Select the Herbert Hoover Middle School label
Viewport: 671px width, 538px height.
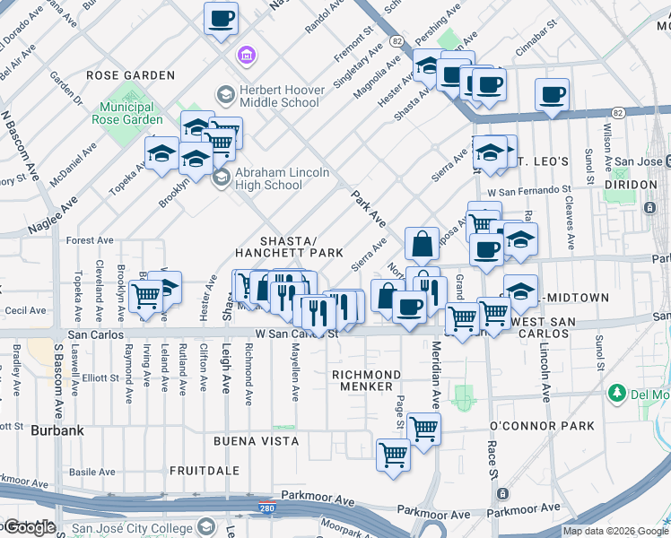[280, 96]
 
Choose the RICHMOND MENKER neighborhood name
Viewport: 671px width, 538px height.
[366, 380]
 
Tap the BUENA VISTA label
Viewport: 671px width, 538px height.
[249, 441]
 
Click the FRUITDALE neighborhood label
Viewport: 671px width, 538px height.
[204, 470]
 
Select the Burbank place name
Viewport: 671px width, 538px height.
[57, 430]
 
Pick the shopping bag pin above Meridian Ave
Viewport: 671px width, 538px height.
[421, 244]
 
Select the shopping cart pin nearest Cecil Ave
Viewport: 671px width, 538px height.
[144, 296]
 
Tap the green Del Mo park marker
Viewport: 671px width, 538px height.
[616, 393]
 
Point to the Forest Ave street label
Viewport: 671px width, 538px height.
[89, 240]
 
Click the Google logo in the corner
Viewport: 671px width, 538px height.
[29, 526]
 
